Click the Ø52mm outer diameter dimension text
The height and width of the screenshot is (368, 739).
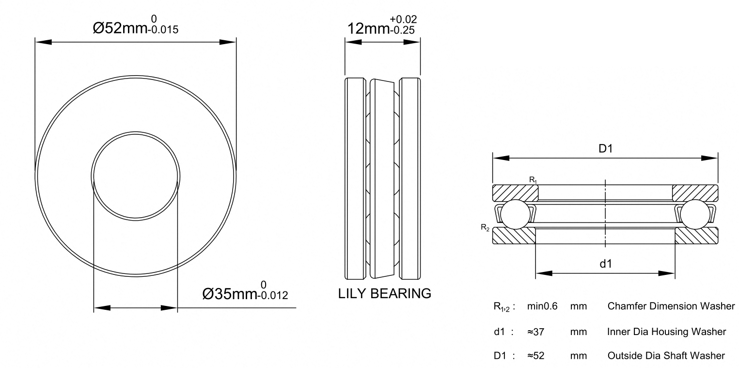tap(120, 28)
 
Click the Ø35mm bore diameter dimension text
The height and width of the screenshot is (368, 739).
tap(230, 294)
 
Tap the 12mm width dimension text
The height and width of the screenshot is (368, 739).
tap(368, 29)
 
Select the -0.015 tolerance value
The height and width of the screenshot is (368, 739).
tap(163, 30)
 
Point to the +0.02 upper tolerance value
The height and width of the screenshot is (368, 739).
tap(403, 19)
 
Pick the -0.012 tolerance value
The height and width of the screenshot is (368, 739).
tap(273, 295)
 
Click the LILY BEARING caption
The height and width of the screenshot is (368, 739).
tap(384, 293)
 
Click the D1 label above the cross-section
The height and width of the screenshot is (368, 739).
tap(606, 149)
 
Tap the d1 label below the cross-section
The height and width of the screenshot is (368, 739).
tap(606, 264)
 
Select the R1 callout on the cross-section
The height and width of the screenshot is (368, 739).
tap(533, 180)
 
